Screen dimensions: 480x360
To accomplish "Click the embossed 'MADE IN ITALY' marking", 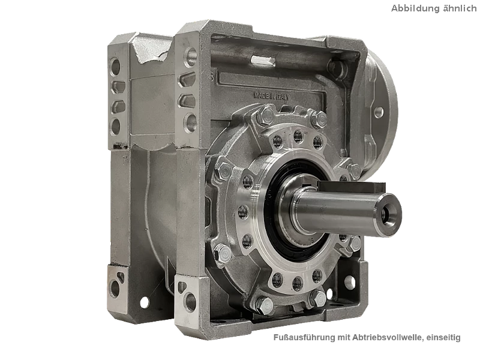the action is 271,96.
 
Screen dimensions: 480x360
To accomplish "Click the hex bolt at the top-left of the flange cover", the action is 266,115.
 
